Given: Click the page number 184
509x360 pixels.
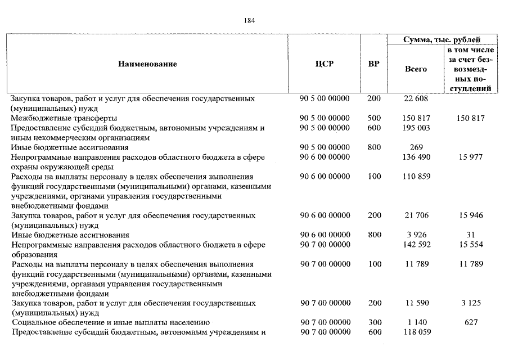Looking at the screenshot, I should click(x=250, y=21).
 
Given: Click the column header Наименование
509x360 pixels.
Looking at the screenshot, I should click(x=147, y=64).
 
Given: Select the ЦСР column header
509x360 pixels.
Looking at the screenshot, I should click(x=325, y=64).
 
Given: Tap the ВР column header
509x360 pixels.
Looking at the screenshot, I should click(x=373, y=64).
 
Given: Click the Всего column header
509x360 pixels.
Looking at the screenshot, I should click(x=416, y=69).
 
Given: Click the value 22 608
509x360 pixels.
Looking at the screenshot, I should click(x=416, y=99).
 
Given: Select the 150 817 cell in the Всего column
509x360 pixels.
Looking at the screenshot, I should click(x=416, y=119).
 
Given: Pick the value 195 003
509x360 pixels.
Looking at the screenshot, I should click(x=416, y=128).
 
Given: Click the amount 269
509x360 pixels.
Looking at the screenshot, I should click(x=416, y=147).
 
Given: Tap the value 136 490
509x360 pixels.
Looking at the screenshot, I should click(x=416, y=157).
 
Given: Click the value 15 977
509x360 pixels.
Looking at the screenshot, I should click(x=471, y=157).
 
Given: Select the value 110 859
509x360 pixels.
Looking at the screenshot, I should click(x=416, y=177).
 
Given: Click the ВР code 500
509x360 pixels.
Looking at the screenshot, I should click(x=373, y=119).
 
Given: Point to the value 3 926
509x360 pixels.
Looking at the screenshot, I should click(x=416, y=235).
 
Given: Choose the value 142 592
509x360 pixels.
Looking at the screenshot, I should click(x=416, y=245).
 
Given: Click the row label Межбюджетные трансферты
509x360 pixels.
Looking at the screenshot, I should click(x=64, y=119).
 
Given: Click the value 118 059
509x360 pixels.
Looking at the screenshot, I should click(x=416, y=332).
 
